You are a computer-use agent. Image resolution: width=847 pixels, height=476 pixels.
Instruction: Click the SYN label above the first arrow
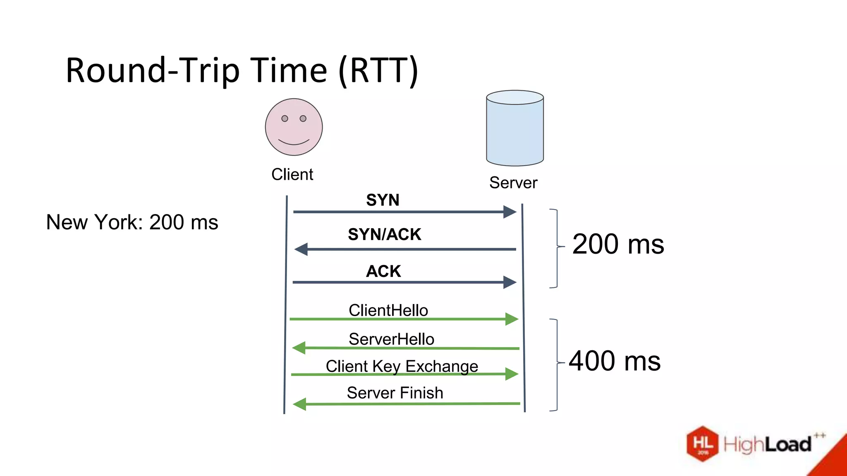pos(383,200)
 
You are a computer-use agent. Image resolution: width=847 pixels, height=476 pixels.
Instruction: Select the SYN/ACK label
pos(384,235)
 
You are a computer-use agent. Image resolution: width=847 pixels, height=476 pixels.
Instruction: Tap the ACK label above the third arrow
pos(383,271)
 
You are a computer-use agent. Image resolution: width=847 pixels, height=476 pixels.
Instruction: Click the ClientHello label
pos(388,310)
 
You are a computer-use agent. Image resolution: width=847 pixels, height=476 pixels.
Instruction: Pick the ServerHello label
pos(391,339)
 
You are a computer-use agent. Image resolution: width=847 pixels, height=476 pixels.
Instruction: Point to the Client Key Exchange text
pos(402,367)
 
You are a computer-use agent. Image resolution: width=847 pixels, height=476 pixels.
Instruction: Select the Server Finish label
pos(395,393)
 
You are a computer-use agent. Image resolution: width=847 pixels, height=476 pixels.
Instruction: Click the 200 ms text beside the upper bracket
pos(618,244)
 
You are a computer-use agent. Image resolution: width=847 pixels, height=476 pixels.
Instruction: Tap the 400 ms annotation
pos(615,361)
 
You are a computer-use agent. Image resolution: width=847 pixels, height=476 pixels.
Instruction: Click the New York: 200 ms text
pos(132,222)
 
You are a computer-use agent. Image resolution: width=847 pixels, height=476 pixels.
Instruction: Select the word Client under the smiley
pos(292,174)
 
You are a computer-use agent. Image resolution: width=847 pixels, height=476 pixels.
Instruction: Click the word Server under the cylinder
pos(513,183)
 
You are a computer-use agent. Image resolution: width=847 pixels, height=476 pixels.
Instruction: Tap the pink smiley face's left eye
pos(285,119)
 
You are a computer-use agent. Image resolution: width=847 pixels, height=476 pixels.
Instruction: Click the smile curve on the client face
pos(294,143)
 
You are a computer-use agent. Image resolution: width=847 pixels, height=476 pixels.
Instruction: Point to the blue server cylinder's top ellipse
pos(515,98)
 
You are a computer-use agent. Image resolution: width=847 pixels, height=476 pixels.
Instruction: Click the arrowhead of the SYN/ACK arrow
pos(301,249)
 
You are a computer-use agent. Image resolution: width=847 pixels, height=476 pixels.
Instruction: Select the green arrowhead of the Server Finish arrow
pos(299,404)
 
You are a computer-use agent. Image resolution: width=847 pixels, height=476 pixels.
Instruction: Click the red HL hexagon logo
pos(703,444)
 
